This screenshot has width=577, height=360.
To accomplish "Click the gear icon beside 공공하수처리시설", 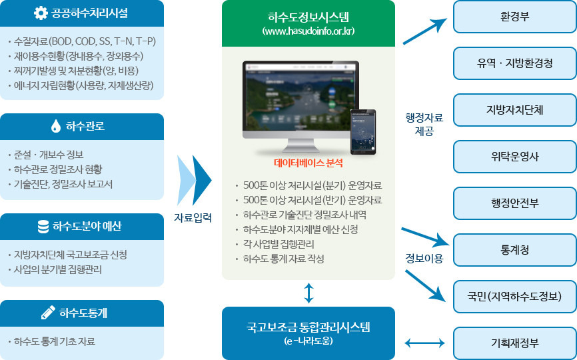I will point(41,13).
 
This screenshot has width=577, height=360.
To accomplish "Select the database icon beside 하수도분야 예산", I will point(43,226).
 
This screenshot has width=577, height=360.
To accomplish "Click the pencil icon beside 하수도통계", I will point(48,313).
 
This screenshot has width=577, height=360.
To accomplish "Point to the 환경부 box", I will point(514,17).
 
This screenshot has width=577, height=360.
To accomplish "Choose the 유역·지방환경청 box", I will point(514,63).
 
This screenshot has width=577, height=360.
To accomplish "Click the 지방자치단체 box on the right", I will point(514,110).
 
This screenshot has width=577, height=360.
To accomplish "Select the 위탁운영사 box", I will point(514,157).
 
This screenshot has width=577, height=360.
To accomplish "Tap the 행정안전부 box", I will point(514,203).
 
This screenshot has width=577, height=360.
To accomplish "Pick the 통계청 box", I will point(514,250).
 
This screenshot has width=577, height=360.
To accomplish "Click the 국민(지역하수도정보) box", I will point(514,297).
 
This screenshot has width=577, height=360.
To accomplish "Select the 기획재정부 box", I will point(514,343).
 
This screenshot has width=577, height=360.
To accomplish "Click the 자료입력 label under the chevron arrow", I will point(193,217).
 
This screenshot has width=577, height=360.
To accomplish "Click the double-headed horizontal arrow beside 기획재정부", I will point(424,343).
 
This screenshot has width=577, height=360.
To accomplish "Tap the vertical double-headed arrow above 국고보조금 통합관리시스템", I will point(308,293).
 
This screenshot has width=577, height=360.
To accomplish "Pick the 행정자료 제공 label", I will point(424,124).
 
